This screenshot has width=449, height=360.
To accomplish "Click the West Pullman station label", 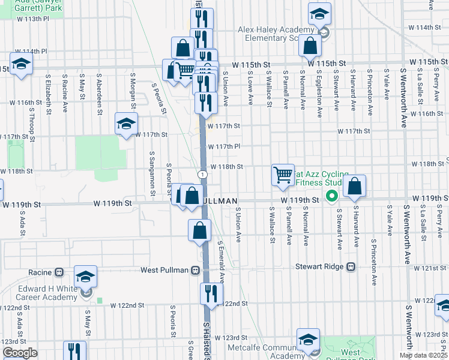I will (x=166, y=271).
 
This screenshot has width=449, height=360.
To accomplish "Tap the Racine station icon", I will (x=59, y=272).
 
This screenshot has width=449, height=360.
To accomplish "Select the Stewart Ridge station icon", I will (x=351, y=266).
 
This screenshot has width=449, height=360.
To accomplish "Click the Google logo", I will (x=20, y=353).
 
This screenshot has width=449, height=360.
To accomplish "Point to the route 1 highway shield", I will (x=204, y=174).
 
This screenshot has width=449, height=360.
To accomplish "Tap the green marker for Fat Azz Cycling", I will (x=330, y=196).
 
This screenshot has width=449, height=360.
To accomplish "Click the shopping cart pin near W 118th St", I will (x=283, y=175).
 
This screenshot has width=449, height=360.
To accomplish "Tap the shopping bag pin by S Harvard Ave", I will (x=355, y=187).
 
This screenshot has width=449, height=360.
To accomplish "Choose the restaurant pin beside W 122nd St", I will (x=211, y=293).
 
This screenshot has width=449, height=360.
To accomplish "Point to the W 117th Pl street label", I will (x=224, y=146).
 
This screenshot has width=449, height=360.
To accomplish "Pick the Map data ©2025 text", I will (x=423, y=355).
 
